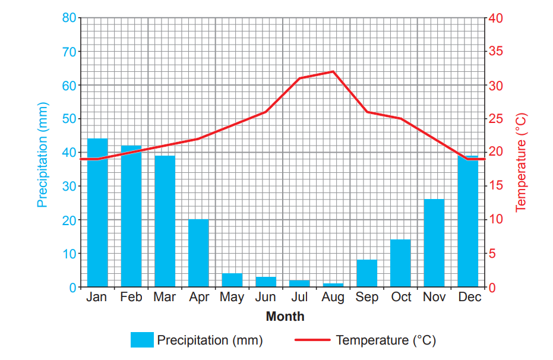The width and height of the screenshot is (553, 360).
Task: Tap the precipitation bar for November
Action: pos(434,243)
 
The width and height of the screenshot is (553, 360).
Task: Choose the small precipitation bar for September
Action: pos(366,273)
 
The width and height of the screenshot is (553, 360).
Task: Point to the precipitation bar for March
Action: pos(165,221)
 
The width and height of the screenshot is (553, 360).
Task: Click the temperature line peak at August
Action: pos(333,71)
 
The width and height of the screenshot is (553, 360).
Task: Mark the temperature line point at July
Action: pos(299,78)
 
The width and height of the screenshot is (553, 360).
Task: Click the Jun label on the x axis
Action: pos(265,297)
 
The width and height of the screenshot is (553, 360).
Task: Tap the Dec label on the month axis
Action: pos(469,297)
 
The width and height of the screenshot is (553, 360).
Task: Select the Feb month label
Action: pos(131,297)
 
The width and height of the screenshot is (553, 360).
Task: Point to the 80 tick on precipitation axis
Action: pos(69,18)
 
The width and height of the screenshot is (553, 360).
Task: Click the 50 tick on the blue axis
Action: pos(69,119)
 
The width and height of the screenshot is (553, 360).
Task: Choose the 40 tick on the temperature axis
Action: pos(495,18)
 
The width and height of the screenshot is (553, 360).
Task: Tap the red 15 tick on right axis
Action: pos(495,186)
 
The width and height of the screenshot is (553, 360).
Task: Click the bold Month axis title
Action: pos(285,316)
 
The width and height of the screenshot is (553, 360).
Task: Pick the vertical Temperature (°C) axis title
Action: pos(521,162)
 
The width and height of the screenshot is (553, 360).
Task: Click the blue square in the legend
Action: pos(142,340)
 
